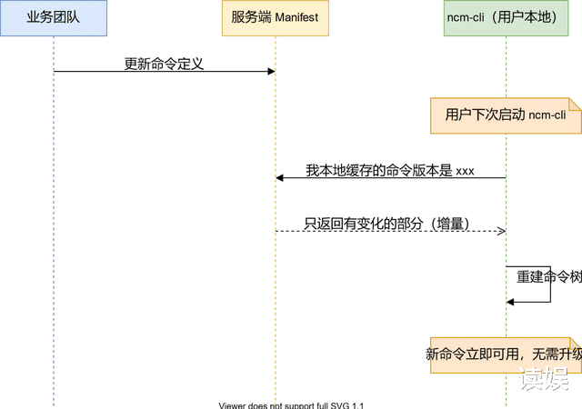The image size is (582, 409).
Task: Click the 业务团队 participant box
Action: [x=53, y=18]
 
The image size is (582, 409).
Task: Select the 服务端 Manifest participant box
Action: [x=274, y=18]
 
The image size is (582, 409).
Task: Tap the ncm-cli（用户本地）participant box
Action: [x=506, y=18]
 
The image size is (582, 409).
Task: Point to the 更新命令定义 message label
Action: [x=164, y=64]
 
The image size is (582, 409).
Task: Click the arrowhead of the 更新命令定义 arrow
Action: [x=270, y=71]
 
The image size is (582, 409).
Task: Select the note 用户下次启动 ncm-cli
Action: [x=506, y=115]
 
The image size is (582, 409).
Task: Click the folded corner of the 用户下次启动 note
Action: [x=576, y=103]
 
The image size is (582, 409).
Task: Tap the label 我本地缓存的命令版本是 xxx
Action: [x=389, y=170]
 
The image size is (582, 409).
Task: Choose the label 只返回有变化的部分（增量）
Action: [x=386, y=223]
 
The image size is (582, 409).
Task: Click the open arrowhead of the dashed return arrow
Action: [x=500, y=232]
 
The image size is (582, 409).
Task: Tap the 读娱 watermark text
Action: [x=543, y=381]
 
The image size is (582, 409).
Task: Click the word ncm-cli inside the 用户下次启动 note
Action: [x=547, y=115]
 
